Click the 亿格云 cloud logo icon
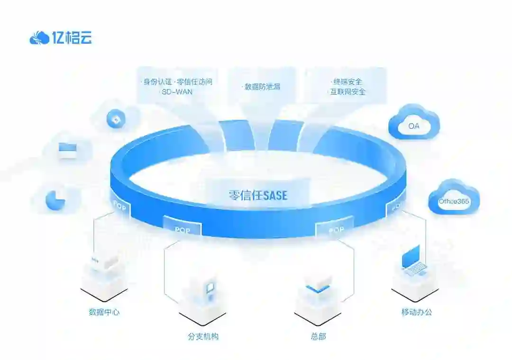39,38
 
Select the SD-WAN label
177,92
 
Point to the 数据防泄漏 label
261,87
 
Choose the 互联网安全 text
347,92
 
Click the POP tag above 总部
336,230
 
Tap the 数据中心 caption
104,312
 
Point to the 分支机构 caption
203,337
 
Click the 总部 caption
318,337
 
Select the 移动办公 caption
416,312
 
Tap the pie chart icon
55,200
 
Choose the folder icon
67,150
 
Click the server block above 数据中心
104,264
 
